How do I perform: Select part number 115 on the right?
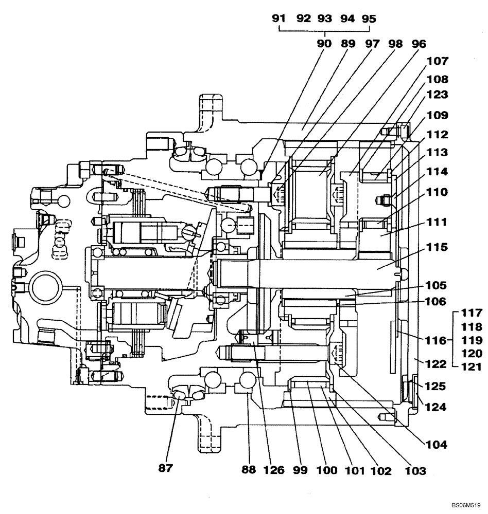coord(437,247)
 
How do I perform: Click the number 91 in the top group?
coord(279,19)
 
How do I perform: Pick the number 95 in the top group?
coord(369,19)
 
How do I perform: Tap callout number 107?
coord(437,61)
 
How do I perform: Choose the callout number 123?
coord(437,95)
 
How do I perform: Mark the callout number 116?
coord(437,340)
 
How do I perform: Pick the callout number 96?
coord(415,44)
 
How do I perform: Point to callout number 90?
coord(324,44)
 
